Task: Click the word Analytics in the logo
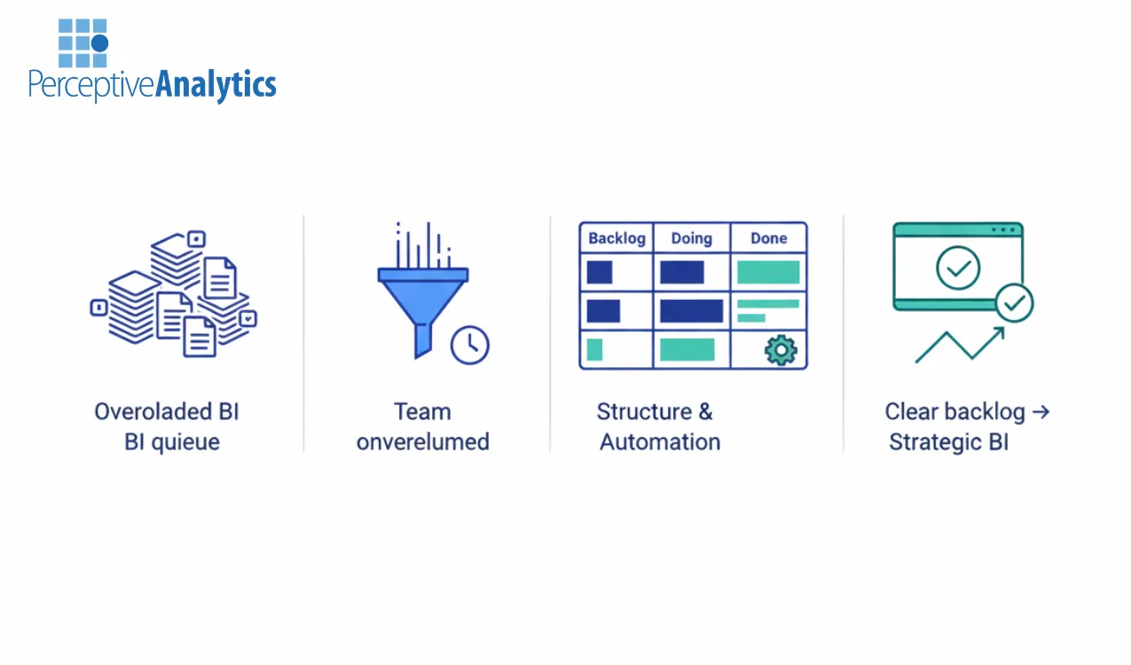click(x=216, y=85)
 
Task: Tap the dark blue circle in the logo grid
click(x=99, y=43)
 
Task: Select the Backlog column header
click(x=617, y=239)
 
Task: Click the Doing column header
click(x=691, y=239)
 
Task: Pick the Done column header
click(x=768, y=239)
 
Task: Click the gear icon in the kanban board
click(x=780, y=349)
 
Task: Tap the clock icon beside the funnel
click(x=469, y=345)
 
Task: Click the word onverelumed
click(x=422, y=442)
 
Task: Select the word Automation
click(x=660, y=442)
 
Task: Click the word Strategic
click(x=935, y=442)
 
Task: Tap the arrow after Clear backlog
click(x=1041, y=411)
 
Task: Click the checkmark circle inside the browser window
click(x=958, y=268)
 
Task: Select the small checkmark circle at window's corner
click(x=1014, y=303)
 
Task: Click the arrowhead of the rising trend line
click(x=1000, y=332)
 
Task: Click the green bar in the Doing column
click(x=687, y=349)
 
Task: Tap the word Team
click(x=422, y=411)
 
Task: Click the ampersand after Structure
click(x=704, y=411)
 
